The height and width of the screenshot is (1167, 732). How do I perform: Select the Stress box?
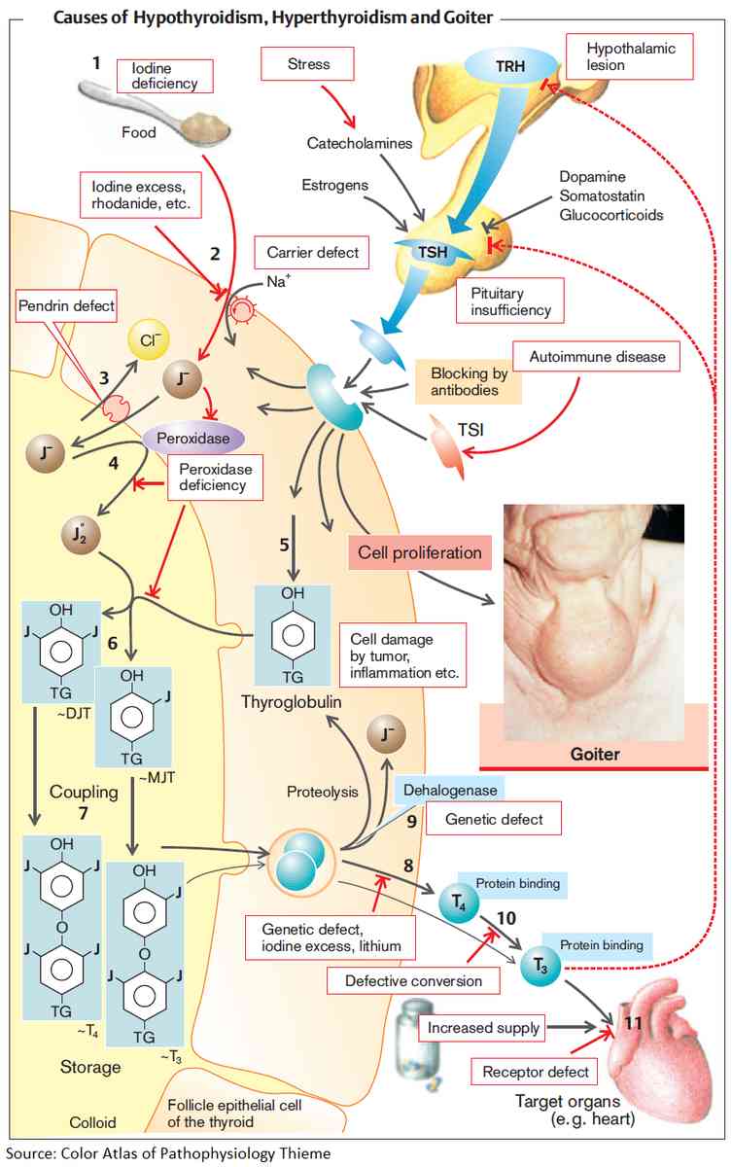[308, 65]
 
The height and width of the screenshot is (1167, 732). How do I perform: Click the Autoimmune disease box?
[598, 358]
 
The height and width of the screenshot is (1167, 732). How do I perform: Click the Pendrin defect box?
[65, 306]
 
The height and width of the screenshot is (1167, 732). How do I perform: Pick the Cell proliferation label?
[419, 552]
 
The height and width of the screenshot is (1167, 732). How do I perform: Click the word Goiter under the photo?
[593, 753]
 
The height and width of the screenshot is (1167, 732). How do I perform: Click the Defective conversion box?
[414, 980]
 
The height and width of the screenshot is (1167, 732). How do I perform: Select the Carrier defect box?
[312, 253]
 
